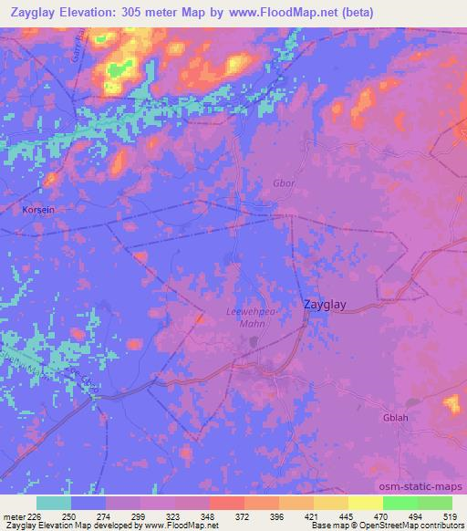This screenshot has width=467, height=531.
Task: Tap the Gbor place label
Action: point(285,182)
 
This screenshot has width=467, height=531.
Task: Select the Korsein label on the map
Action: point(38,209)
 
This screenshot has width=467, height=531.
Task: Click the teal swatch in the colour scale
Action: point(54,503)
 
